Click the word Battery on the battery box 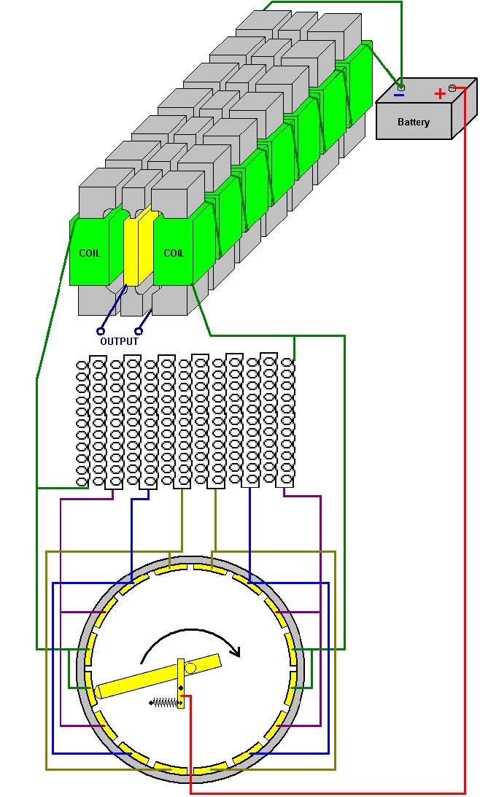[x=414, y=122]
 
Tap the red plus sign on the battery [x=440, y=94]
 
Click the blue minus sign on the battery [x=400, y=95]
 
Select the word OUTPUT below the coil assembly [x=119, y=341]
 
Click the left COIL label [x=90, y=252]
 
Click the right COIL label [x=174, y=252]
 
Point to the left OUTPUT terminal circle [x=101, y=331]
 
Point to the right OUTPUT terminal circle [x=139, y=331]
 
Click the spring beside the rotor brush [x=166, y=703]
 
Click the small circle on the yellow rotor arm [x=190, y=668]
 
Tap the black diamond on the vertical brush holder [x=181, y=688]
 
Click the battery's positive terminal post [x=452, y=88]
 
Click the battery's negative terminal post [x=401, y=87]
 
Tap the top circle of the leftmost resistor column [x=82, y=365]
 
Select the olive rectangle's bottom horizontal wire [x=190, y=769]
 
